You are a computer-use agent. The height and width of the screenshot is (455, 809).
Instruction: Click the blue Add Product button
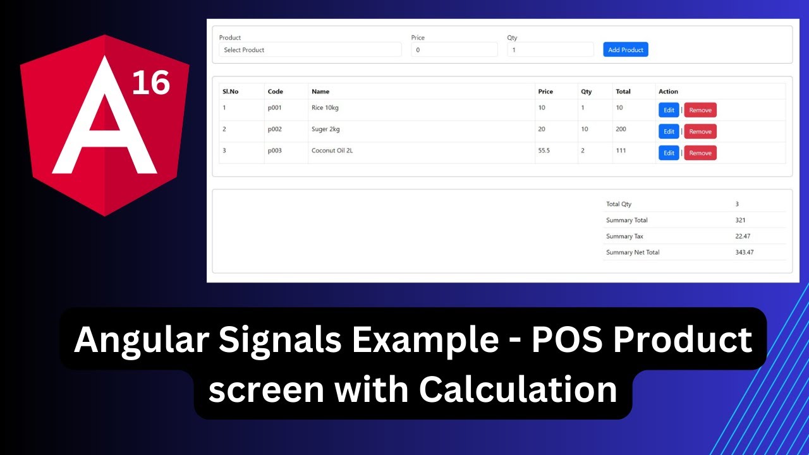pyautogui.click(x=625, y=50)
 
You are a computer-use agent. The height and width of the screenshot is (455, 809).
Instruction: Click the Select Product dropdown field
pyautogui.click(x=310, y=50)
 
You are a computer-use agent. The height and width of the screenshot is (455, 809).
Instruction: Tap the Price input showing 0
pyautogui.click(x=454, y=50)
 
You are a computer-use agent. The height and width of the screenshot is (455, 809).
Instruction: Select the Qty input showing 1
pyautogui.click(x=550, y=50)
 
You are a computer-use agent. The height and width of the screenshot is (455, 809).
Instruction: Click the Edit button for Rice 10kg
pyautogui.click(x=669, y=110)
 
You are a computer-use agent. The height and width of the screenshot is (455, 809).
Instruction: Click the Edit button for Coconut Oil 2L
pyautogui.click(x=669, y=153)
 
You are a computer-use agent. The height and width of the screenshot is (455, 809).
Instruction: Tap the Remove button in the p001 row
pyautogui.click(x=700, y=110)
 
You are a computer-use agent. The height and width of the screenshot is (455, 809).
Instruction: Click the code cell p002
pyautogui.click(x=274, y=129)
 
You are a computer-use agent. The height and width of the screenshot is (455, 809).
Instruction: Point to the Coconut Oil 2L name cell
pyautogui.click(x=332, y=150)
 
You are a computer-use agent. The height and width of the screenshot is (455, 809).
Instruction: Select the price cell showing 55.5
pyautogui.click(x=544, y=150)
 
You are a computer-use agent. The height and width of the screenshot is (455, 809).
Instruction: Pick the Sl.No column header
pyautogui.click(x=230, y=92)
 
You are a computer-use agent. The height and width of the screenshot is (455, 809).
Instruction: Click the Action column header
pyautogui.click(x=668, y=92)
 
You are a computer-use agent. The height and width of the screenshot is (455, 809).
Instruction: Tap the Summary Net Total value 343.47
pyautogui.click(x=744, y=252)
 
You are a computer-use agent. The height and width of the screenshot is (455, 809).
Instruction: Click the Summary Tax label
pyautogui.click(x=624, y=236)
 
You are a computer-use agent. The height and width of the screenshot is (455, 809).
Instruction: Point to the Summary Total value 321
pyautogui.click(x=740, y=220)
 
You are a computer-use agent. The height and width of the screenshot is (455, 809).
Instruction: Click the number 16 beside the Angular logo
pyautogui.click(x=150, y=82)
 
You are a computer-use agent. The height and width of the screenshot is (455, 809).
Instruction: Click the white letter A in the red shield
pyautogui.click(x=104, y=126)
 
